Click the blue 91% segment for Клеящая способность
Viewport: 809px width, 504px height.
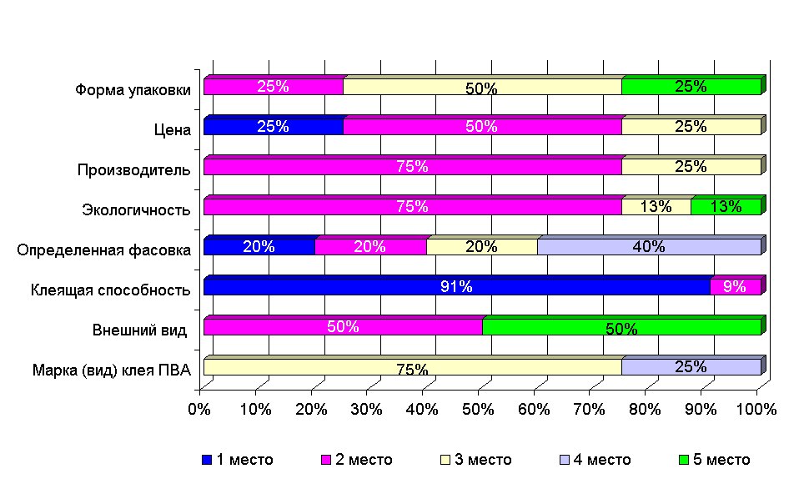point(456,287)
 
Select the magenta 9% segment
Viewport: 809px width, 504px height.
point(735,287)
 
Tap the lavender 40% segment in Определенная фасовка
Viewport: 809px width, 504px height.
point(649,247)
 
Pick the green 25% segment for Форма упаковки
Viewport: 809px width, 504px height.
point(691,87)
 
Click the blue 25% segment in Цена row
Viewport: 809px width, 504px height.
point(273,127)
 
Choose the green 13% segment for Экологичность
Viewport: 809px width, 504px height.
point(726,207)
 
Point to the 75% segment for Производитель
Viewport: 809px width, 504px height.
point(412,167)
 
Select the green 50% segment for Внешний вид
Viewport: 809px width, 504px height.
point(621,327)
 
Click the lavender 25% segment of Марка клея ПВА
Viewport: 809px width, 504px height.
point(691,367)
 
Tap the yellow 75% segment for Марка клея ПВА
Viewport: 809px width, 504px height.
point(412,367)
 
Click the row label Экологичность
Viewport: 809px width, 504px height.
point(137,209)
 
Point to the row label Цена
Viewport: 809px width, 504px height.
point(173,129)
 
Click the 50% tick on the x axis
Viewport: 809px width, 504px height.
point(478,410)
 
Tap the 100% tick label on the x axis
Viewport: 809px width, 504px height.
point(757,410)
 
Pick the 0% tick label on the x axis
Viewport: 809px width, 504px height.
point(200,410)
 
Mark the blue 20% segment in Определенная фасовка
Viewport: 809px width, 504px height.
point(259,247)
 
